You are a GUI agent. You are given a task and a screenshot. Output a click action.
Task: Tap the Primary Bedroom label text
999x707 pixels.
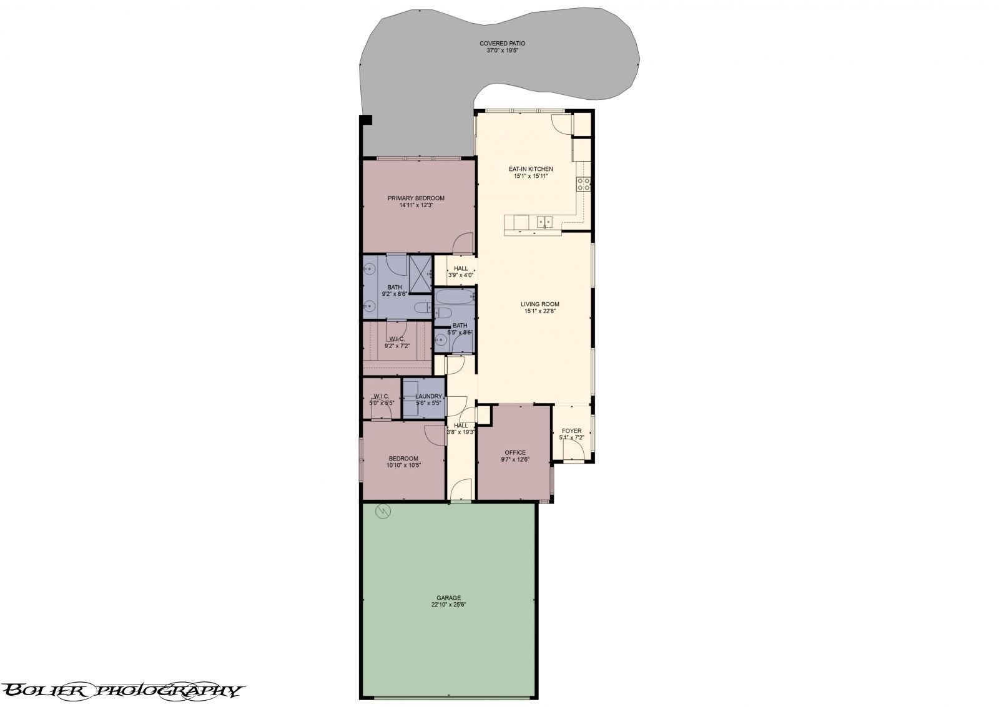[416, 198]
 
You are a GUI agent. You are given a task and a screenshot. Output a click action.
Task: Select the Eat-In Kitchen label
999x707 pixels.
[530, 169]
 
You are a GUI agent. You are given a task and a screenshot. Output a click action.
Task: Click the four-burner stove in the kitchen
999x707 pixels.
[584, 183]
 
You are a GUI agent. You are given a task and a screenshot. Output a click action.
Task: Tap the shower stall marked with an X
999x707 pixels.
[420, 273]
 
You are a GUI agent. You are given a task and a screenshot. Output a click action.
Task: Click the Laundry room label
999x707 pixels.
[428, 396]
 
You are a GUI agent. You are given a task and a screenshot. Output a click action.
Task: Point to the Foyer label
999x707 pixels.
[571, 431]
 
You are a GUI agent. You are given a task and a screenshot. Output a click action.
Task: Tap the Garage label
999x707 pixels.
[448, 598]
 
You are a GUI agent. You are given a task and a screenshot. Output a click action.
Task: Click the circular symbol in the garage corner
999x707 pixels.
[381, 512]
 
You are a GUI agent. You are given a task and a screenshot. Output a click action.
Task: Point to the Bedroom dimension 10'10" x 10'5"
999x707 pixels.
[403, 465]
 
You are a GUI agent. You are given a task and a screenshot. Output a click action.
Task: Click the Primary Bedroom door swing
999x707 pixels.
[462, 243]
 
